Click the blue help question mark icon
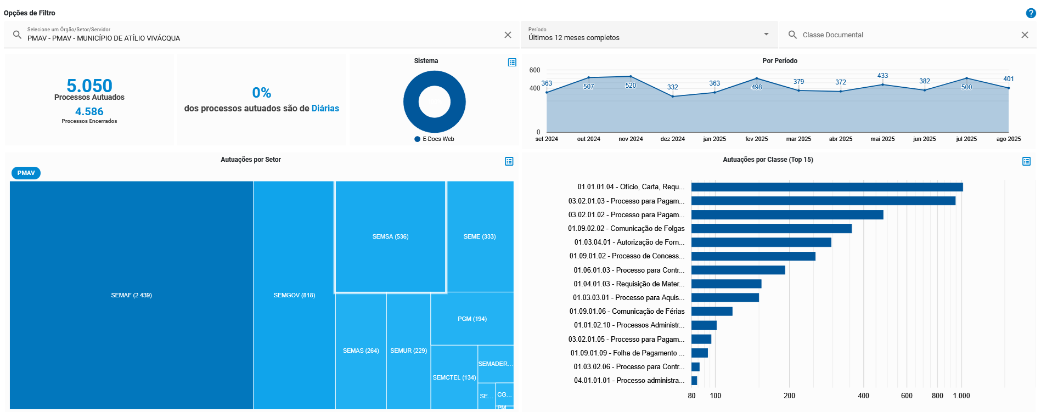click(x=1031, y=13)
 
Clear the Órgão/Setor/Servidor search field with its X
click(x=508, y=35)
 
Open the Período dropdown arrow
click(x=766, y=35)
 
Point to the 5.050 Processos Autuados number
click(x=89, y=86)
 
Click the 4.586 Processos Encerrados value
click(x=89, y=111)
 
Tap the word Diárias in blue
click(x=325, y=109)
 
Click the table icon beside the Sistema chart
click(x=512, y=63)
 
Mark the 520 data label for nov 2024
click(x=631, y=86)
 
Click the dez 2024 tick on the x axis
click(x=672, y=139)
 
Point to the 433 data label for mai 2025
click(x=882, y=76)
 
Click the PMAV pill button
click(x=26, y=173)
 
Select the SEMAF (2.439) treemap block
click(x=132, y=295)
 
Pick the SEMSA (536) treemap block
click(x=390, y=236)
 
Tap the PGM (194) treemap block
click(x=472, y=319)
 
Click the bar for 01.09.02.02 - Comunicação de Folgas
click(x=771, y=229)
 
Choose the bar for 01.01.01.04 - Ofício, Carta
click(x=826, y=187)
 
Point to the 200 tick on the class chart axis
click(x=789, y=396)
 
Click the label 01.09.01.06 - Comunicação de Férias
click(x=627, y=312)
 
